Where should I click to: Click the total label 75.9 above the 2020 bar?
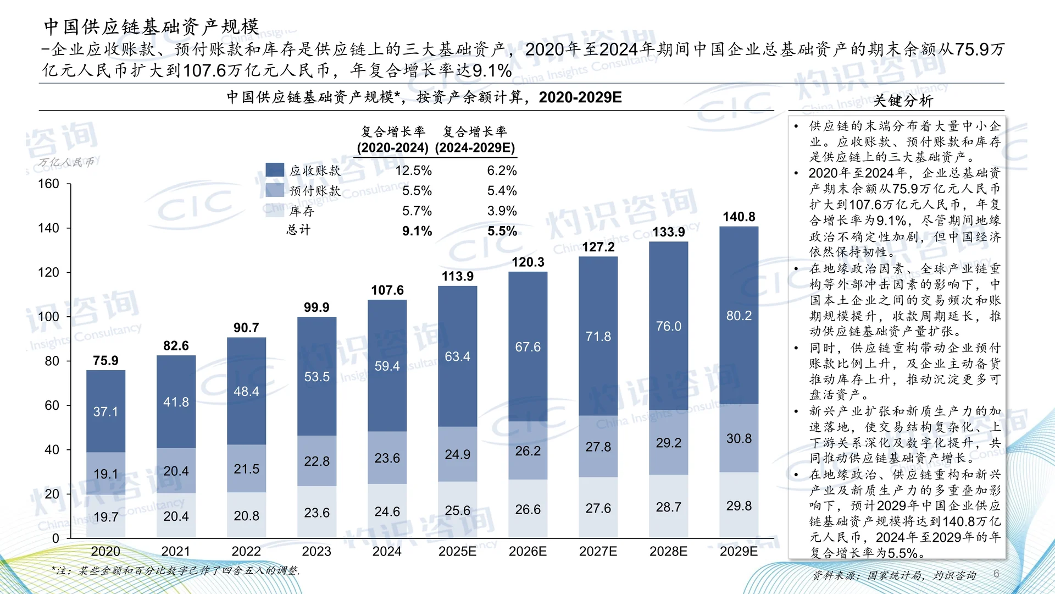(x=105, y=360)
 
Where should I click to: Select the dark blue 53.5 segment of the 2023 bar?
(x=316, y=377)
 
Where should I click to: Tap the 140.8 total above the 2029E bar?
(x=738, y=217)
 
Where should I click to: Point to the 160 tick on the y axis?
(x=48, y=184)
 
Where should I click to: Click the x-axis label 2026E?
(x=527, y=551)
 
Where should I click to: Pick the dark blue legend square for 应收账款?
(x=275, y=170)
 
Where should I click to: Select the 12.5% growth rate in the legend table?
(x=413, y=170)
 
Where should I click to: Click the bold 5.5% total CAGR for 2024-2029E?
(x=502, y=231)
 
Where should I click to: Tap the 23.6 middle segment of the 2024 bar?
(x=387, y=458)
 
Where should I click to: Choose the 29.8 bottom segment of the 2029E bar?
(x=738, y=505)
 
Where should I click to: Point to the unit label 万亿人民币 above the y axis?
(x=66, y=162)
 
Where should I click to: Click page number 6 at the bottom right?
(x=996, y=574)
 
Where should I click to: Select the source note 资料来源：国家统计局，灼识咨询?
(x=894, y=575)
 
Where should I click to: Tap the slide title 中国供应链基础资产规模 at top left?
(x=151, y=26)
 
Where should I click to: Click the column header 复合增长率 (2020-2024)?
(x=392, y=139)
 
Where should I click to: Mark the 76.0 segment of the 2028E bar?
(x=668, y=326)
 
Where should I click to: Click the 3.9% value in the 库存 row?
(x=502, y=211)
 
